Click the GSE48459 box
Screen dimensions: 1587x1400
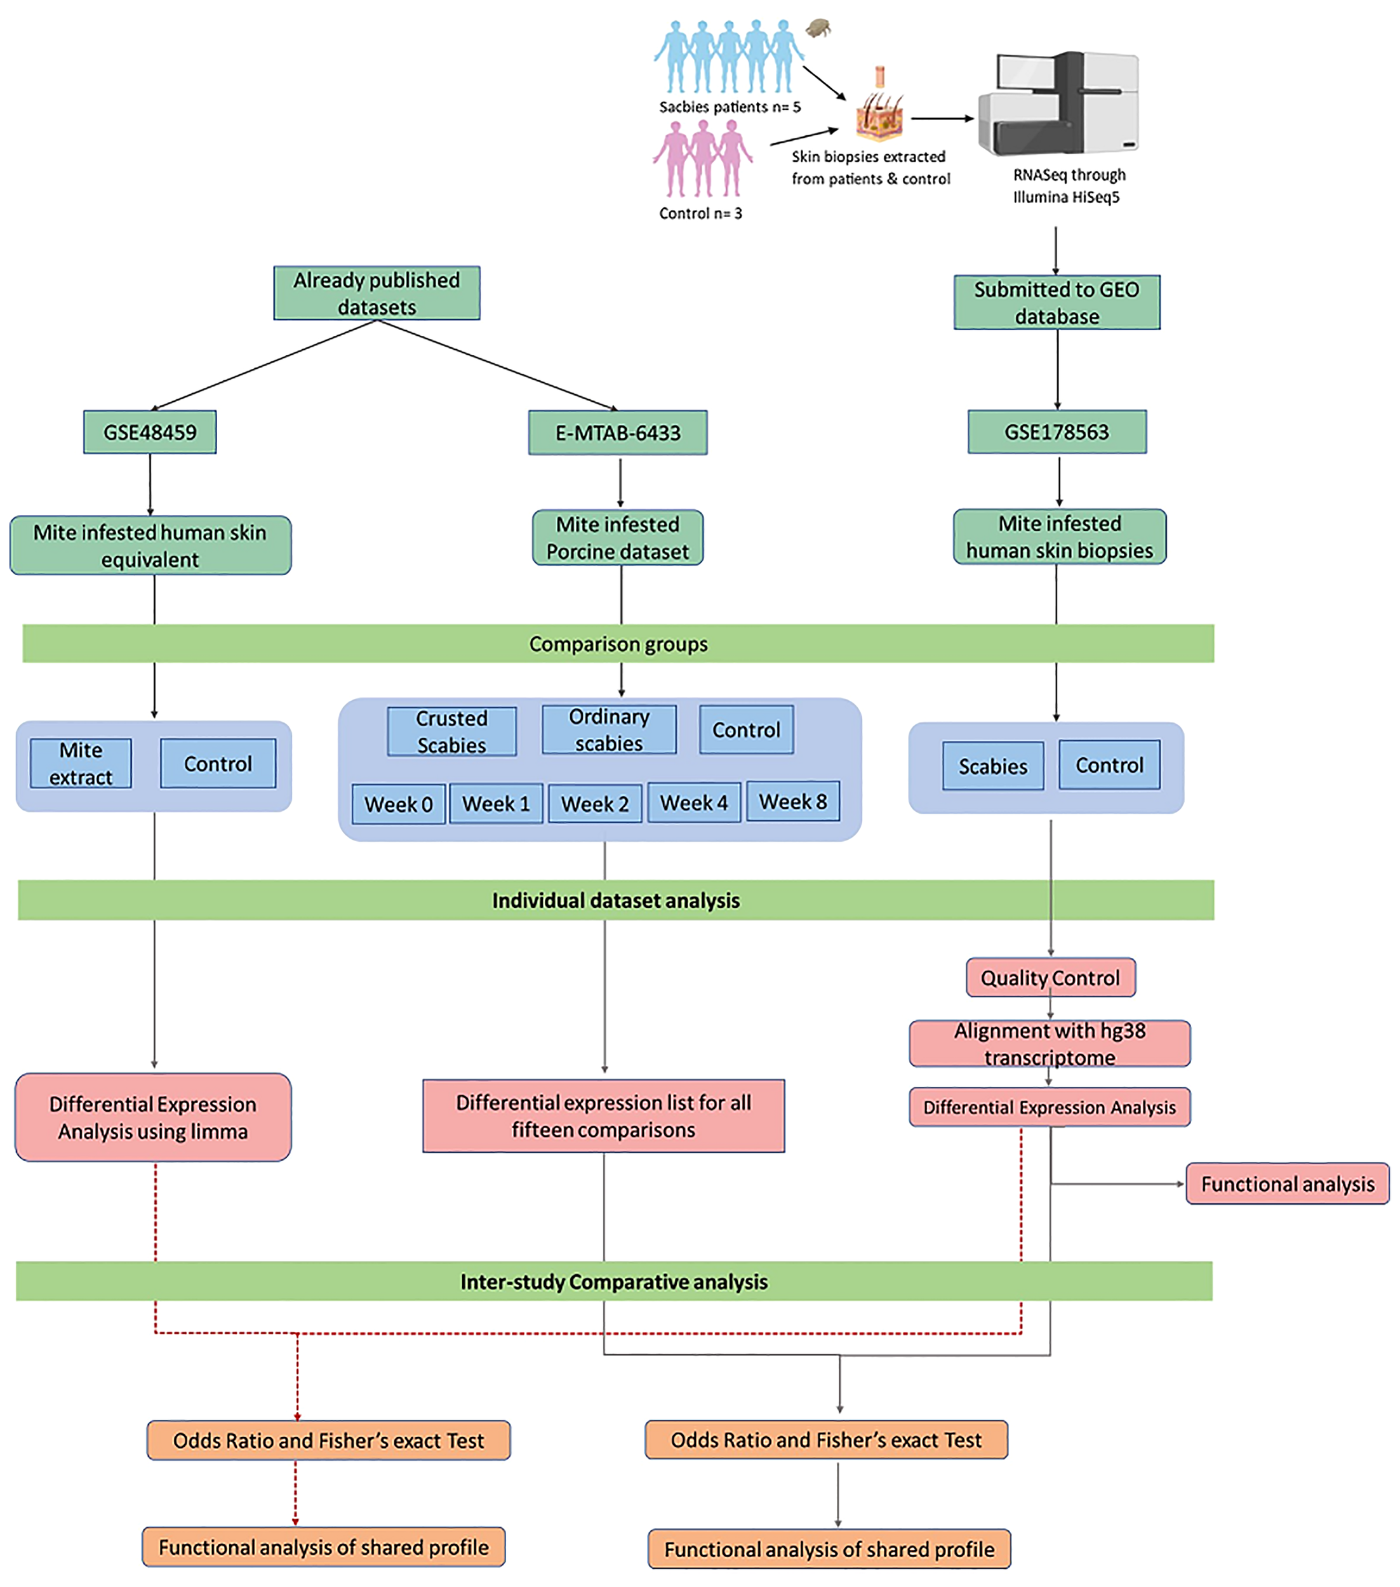[150, 432]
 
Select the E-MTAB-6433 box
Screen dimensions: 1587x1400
[617, 433]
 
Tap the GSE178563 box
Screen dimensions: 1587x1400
[1056, 432]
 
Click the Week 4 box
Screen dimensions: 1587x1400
[693, 803]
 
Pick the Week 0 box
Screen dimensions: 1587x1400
[398, 804]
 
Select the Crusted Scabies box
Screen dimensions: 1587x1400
[451, 731]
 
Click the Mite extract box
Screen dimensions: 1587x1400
[81, 764]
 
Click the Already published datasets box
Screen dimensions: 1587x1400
[377, 293]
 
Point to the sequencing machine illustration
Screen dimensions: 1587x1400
[1059, 104]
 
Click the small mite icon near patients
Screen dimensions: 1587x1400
[818, 29]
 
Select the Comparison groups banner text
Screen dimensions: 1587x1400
[618, 644]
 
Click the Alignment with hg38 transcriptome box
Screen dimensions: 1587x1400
[1049, 1044]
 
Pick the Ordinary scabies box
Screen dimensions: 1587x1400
[609, 730]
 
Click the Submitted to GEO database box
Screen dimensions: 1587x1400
[1056, 302]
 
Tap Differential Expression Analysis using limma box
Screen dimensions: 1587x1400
[153, 1117]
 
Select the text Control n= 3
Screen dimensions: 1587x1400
[700, 213]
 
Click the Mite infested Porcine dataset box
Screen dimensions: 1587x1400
[617, 537]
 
